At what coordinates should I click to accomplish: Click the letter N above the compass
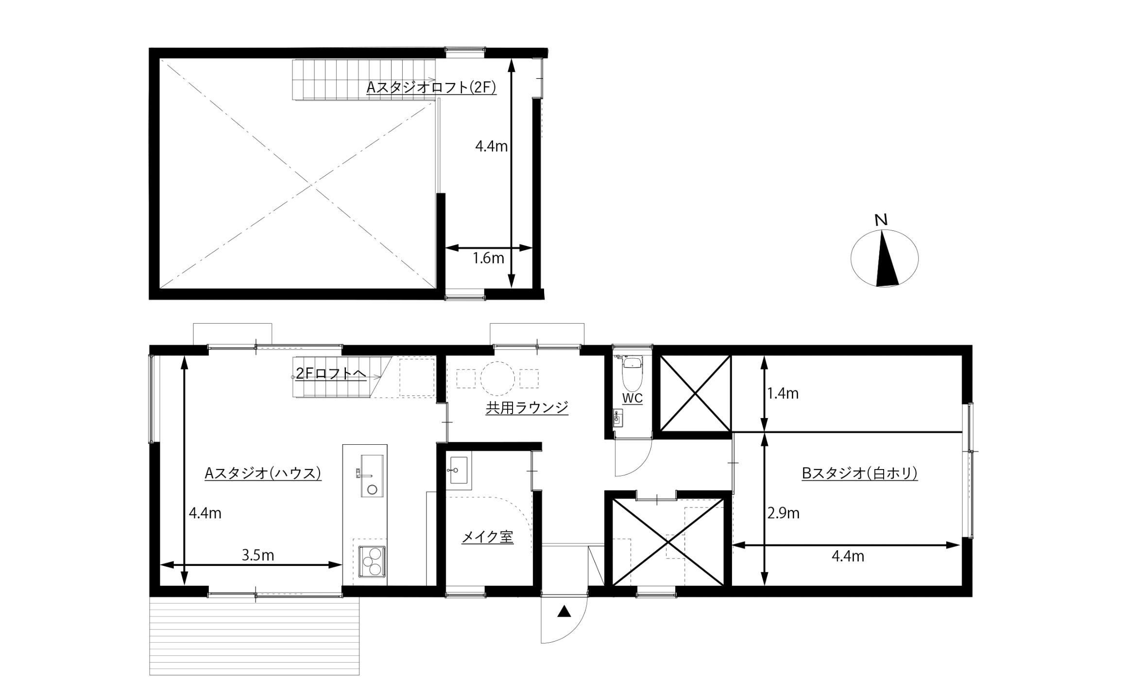pyautogui.click(x=881, y=220)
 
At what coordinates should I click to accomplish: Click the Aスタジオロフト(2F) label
pyautogui.click(x=431, y=87)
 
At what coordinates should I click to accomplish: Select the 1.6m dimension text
pyautogui.click(x=489, y=258)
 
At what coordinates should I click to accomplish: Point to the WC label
pyautogui.click(x=632, y=398)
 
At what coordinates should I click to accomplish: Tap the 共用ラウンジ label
pyautogui.click(x=527, y=407)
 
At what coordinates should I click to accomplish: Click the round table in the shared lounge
pyautogui.click(x=497, y=378)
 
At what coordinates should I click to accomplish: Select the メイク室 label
pyautogui.click(x=487, y=537)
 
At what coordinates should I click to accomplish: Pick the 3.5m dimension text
pyautogui.click(x=258, y=555)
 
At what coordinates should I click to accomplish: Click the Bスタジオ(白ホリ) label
pyautogui.click(x=860, y=473)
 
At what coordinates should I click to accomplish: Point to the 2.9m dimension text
pyautogui.click(x=783, y=513)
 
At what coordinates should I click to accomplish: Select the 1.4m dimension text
pyautogui.click(x=783, y=393)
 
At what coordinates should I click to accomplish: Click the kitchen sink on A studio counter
pyautogui.click(x=372, y=475)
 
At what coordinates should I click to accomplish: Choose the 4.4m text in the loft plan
pyautogui.click(x=491, y=146)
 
